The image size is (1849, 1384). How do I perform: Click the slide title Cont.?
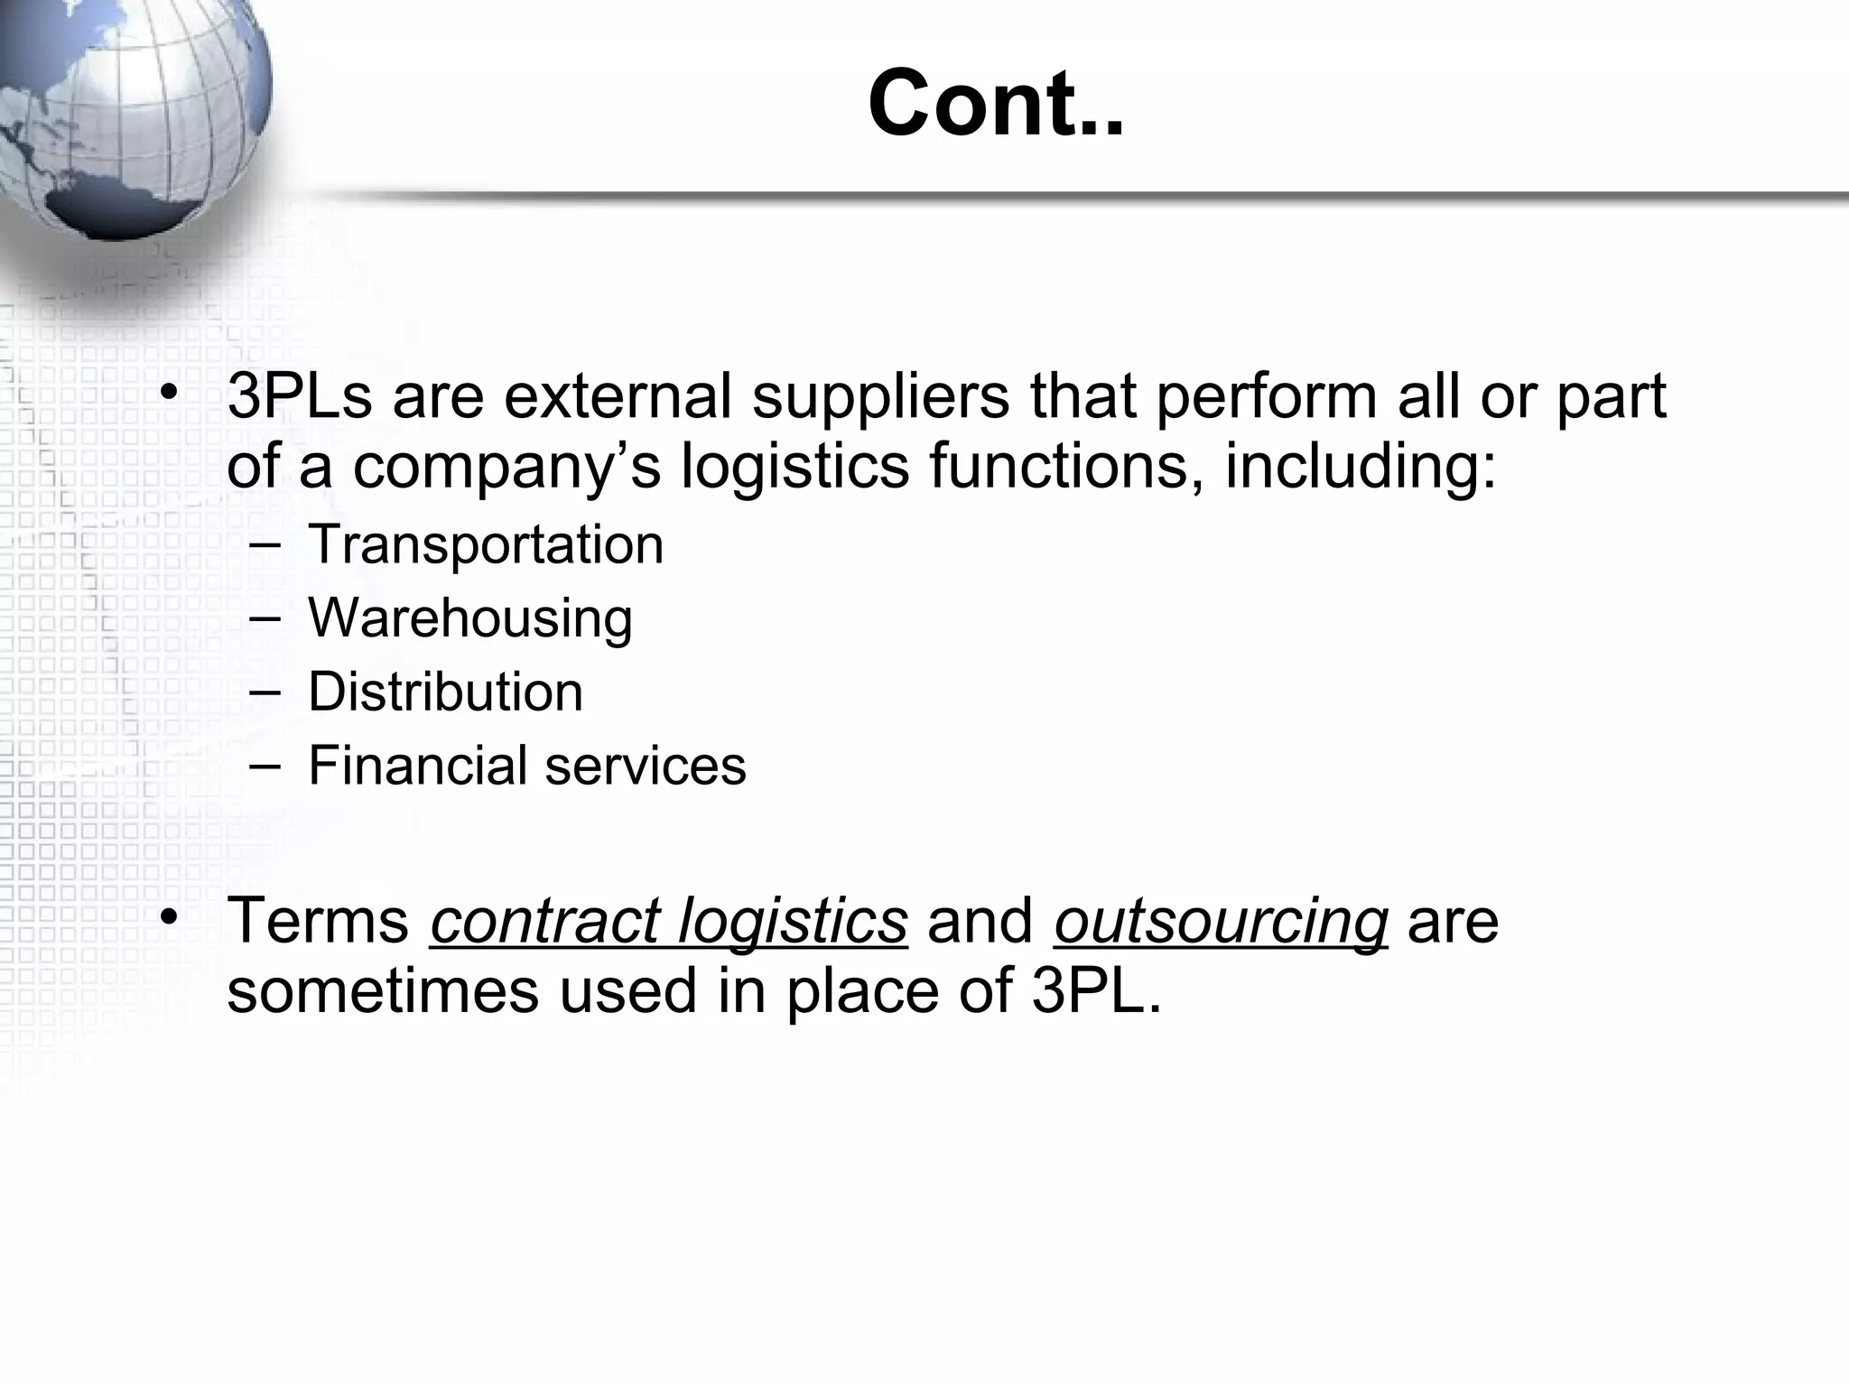coord(995,105)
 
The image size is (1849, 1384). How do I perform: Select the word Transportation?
coord(486,544)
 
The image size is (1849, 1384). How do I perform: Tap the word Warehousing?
coord(469,618)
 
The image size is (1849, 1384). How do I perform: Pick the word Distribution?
coord(445,692)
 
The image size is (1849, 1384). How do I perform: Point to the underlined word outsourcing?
coord(1221,923)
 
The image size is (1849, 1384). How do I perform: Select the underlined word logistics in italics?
coord(793,923)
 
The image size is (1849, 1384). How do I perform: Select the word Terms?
coord(319,921)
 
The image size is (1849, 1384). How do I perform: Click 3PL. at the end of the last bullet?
coord(1096,991)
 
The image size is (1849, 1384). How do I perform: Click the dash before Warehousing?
coord(264,618)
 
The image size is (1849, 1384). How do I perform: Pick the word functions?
coord(1066,467)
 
